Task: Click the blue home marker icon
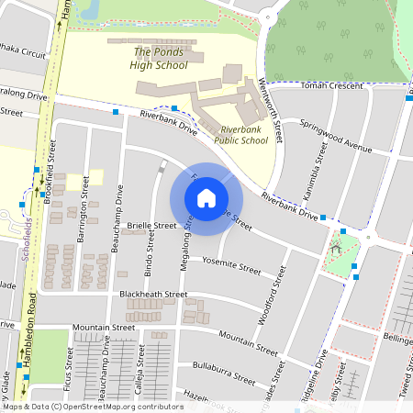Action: (x=206, y=198)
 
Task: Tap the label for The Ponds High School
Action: (x=158, y=58)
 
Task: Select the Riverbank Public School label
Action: (x=240, y=135)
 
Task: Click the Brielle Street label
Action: (x=151, y=225)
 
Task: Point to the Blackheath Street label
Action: (x=153, y=294)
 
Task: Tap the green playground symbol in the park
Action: (x=336, y=245)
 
